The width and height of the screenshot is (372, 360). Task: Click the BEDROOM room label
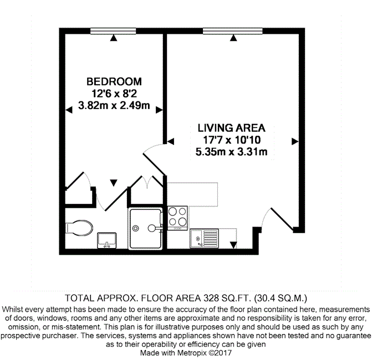coord(114,81)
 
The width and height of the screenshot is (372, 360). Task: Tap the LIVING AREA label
coord(232,128)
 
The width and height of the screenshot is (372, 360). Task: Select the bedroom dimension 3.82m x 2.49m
coord(114,105)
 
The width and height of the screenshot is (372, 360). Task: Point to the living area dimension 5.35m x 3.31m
coord(232,152)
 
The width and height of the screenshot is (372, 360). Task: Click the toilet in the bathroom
coord(79,228)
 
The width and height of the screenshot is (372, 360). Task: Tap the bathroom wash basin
coord(107,240)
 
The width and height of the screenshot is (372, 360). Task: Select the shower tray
coord(145,229)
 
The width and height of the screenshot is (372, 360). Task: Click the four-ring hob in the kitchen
coord(177,218)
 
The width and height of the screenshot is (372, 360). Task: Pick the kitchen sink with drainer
coord(204,238)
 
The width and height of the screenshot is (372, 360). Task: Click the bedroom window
coord(113,31)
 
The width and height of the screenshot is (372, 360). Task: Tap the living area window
coord(233,31)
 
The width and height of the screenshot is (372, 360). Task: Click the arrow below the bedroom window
coord(114,38)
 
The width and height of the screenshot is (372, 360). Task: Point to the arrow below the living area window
coord(234,38)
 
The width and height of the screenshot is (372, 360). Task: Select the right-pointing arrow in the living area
coord(295,141)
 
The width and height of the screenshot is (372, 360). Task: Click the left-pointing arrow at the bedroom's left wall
coord(69,110)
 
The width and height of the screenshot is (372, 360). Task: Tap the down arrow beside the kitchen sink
coord(233,245)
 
